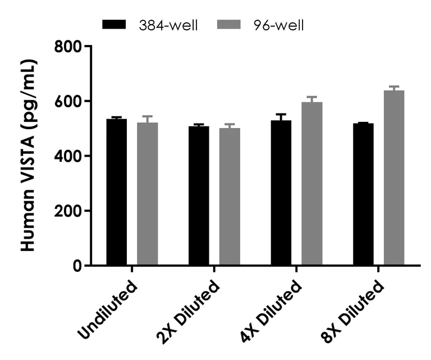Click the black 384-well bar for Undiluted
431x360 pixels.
click(117, 192)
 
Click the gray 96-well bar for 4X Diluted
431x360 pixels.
click(312, 184)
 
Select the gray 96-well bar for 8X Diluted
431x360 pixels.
click(394, 177)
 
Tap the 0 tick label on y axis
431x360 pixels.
click(77, 266)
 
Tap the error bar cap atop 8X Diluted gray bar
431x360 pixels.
click(394, 86)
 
